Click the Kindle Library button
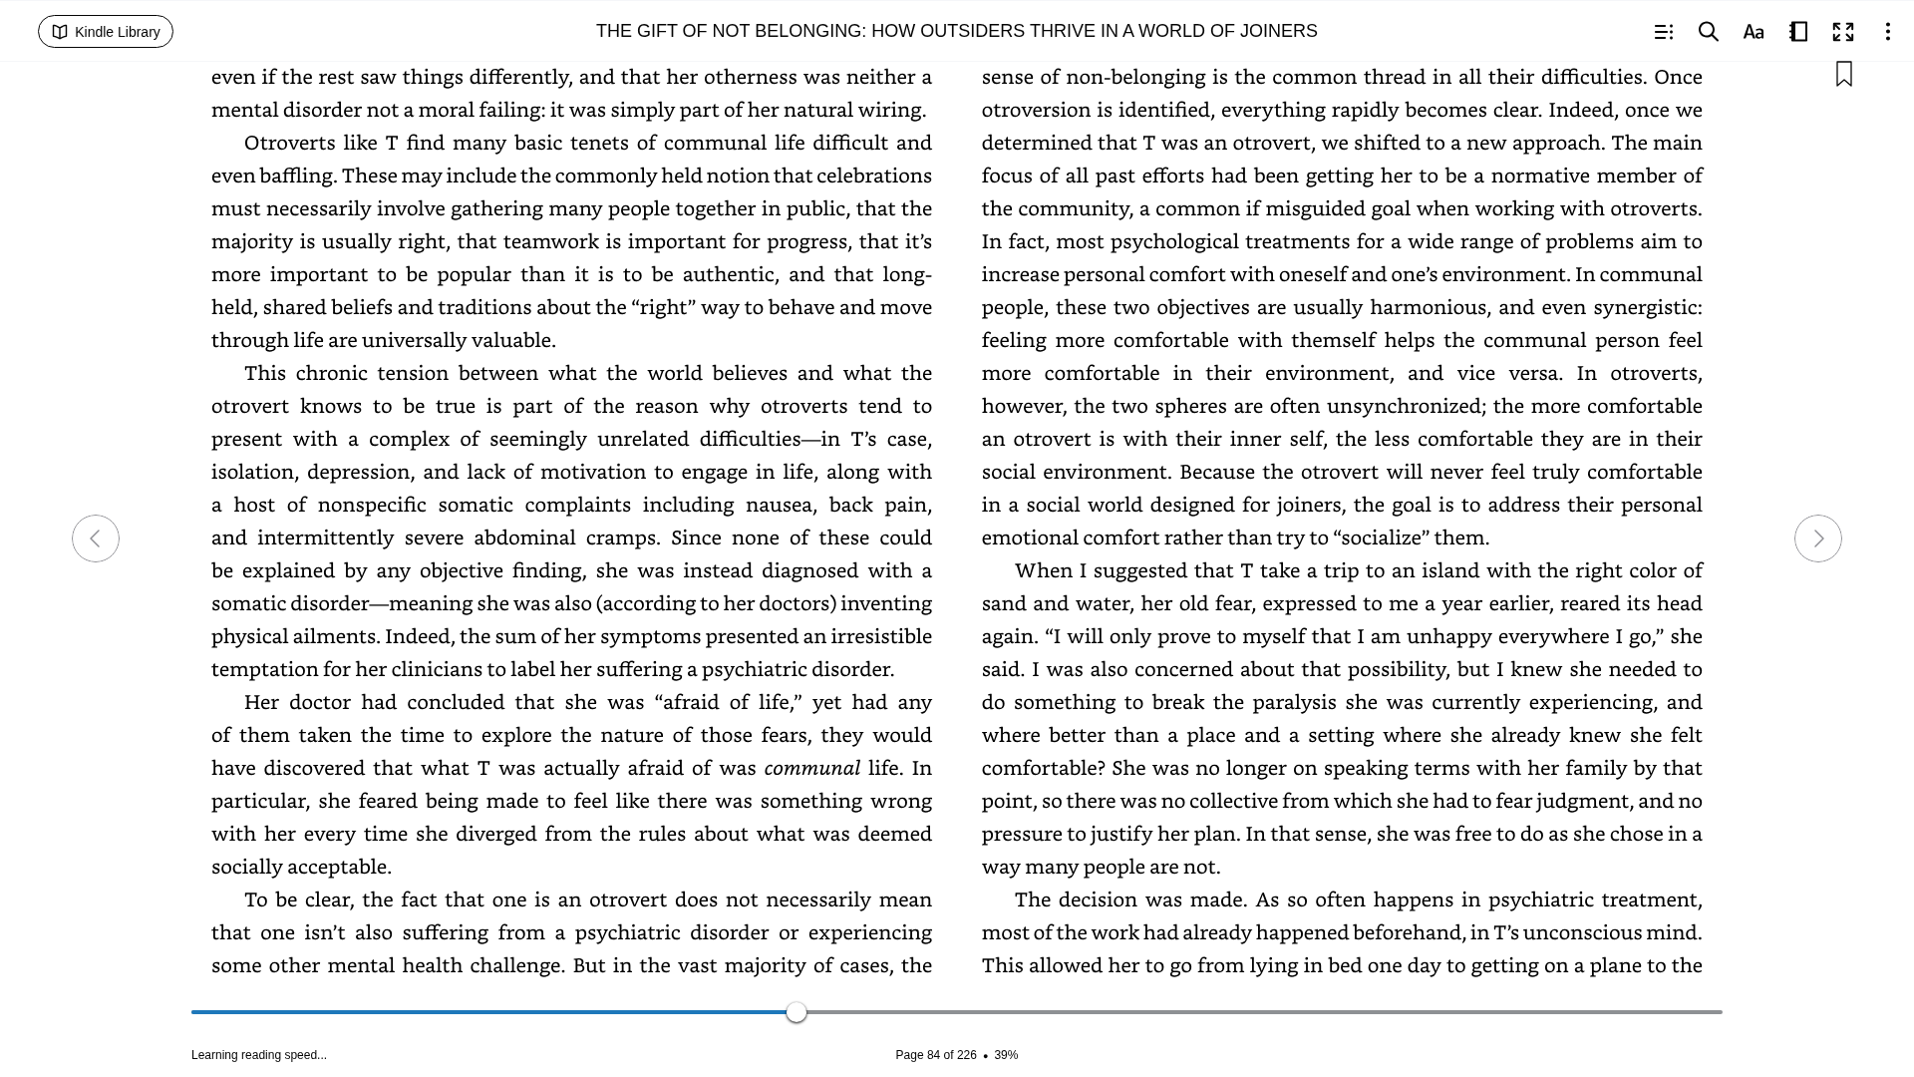(106, 32)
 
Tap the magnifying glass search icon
(1708, 32)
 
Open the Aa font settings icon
(1754, 32)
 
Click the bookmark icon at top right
(1843, 75)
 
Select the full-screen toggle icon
(1843, 32)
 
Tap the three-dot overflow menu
(1887, 32)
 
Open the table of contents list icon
(1663, 32)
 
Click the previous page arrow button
(96, 538)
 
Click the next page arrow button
(1817, 538)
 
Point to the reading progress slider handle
(796, 1012)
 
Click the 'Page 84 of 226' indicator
(935, 1055)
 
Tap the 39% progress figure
(1006, 1055)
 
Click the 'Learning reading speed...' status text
(259, 1055)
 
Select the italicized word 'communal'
(811, 768)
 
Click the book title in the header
(956, 32)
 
